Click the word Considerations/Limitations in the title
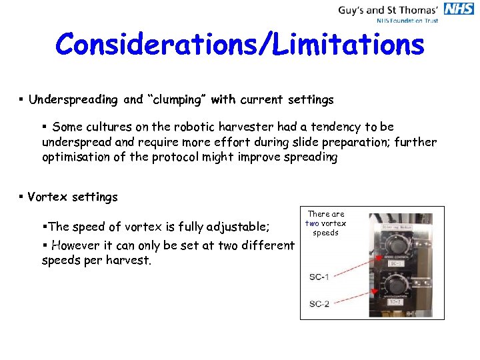(240, 45)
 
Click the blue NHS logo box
(459, 8)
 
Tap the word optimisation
(74, 157)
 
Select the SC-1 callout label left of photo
(319, 276)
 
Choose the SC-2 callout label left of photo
(319, 304)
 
